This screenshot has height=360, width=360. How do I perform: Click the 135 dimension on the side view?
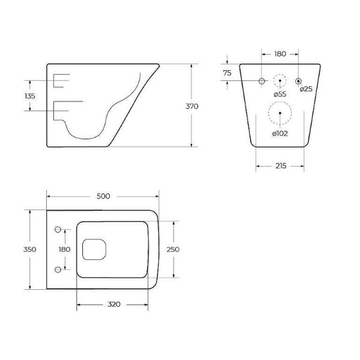tap(29, 96)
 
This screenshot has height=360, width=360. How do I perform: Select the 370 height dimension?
tap(191, 106)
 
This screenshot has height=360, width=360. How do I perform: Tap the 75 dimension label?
tap(227, 73)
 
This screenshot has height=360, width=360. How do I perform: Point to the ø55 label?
tap(280, 94)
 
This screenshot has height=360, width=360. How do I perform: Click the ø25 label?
tap(306, 89)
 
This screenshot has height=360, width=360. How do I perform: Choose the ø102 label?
tap(280, 133)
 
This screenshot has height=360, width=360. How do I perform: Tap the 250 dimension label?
tap(174, 249)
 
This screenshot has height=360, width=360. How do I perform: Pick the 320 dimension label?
tap(114, 304)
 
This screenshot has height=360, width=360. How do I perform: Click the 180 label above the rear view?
tap(280, 54)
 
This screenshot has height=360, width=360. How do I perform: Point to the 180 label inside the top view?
tap(64, 249)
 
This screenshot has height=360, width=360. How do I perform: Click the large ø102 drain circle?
tap(280, 113)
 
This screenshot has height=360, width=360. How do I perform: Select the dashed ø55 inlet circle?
tap(280, 81)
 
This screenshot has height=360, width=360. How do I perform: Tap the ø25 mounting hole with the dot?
tap(298, 81)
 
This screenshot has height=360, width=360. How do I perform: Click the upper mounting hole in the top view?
tap(58, 229)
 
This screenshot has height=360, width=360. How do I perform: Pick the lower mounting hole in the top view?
tap(58, 268)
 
